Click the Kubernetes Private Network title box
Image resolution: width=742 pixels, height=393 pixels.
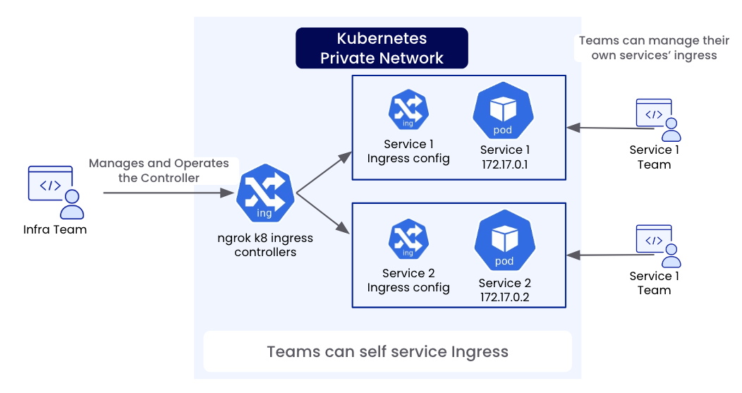pos(382,48)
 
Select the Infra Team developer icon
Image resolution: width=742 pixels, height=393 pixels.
pos(54,191)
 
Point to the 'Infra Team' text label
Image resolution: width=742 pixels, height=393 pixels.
pos(55,229)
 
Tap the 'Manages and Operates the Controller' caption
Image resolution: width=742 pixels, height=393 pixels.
pos(159,170)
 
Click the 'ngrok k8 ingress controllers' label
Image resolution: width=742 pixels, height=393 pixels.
pos(265,245)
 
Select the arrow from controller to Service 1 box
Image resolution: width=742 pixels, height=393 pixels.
pos(324,171)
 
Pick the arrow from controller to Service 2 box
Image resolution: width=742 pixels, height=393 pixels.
pos(324,214)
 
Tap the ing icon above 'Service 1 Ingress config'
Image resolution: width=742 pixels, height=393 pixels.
pos(408,110)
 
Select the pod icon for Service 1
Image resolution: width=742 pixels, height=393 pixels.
pos(501,111)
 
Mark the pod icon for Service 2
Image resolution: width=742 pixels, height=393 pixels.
pos(504,241)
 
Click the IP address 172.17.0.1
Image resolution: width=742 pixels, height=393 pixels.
pos(504,164)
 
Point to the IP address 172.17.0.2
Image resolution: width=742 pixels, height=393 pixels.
pos(504,297)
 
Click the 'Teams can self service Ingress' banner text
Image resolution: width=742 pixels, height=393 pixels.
pos(387,351)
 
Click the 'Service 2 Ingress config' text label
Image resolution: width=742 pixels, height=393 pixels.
pos(408,280)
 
